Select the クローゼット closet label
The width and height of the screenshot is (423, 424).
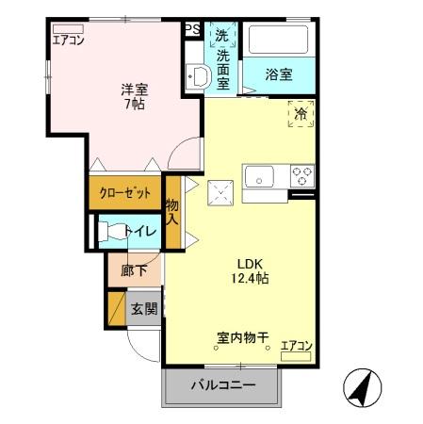pyautogui.click(x=125, y=194)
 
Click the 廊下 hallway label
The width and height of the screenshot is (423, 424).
pyautogui.click(x=135, y=270)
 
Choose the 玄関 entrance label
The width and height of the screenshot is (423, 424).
pyautogui.click(x=144, y=308)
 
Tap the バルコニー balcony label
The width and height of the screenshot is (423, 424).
pyautogui.click(x=222, y=384)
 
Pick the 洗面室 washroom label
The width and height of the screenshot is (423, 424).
pyautogui.click(x=222, y=58)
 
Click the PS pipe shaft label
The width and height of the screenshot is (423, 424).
pyautogui.click(x=192, y=29)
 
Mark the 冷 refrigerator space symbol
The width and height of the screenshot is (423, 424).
pyautogui.click(x=301, y=113)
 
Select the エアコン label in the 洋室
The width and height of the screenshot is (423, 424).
pyautogui.click(x=69, y=40)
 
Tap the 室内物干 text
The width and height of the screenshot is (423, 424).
pyautogui.click(x=243, y=336)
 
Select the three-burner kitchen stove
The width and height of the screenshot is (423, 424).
pyautogui.click(x=301, y=175)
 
